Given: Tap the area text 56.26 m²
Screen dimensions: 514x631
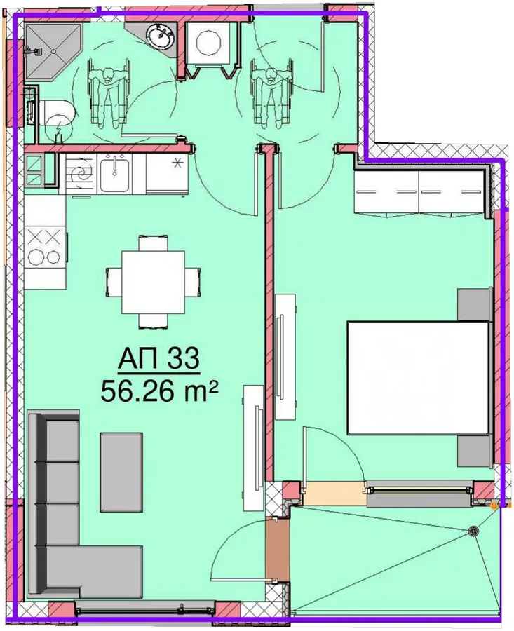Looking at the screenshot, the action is [x=159, y=391].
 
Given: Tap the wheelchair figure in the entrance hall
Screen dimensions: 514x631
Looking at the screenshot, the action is [x=271, y=93].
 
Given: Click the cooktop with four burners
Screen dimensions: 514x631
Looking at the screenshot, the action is [x=44, y=246].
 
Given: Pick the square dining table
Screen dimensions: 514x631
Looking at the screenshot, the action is [x=153, y=282].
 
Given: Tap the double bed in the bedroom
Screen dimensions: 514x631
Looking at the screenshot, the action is [x=419, y=377].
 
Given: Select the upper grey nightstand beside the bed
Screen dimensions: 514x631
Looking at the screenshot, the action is [x=475, y=304].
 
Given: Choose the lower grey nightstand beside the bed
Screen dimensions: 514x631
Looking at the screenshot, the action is [x=475, y=451].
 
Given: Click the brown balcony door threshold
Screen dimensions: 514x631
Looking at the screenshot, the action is [x=277, y=550].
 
